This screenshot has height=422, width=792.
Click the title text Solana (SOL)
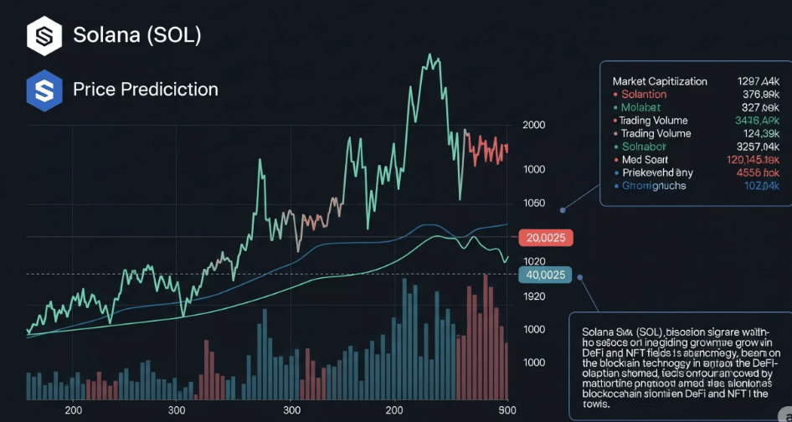tap(136, 35)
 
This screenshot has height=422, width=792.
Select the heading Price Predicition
tap(145, 89)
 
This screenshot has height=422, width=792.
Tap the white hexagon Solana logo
tap(44, 36)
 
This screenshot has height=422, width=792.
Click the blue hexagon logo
tap(44, 90)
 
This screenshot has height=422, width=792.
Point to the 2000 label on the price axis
tap(533, 125)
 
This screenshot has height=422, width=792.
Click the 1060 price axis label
tap(533, 203)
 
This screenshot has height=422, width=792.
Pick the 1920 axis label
tap(533, 296)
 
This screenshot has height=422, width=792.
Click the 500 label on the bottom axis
tap(507, 411)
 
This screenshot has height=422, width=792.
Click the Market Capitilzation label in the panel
tap(660, 81)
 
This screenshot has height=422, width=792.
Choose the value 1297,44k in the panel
tap(758, 81)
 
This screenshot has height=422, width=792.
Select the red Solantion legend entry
tap(644, 95)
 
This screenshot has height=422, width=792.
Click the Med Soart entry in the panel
tap(645, 159)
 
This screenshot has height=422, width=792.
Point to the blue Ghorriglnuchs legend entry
tap(655, 185)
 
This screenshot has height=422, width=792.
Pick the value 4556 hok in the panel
tap(758, 172)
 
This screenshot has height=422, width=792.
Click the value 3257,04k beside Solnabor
tap(757, 147)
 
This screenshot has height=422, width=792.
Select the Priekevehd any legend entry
tap(657, 172)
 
